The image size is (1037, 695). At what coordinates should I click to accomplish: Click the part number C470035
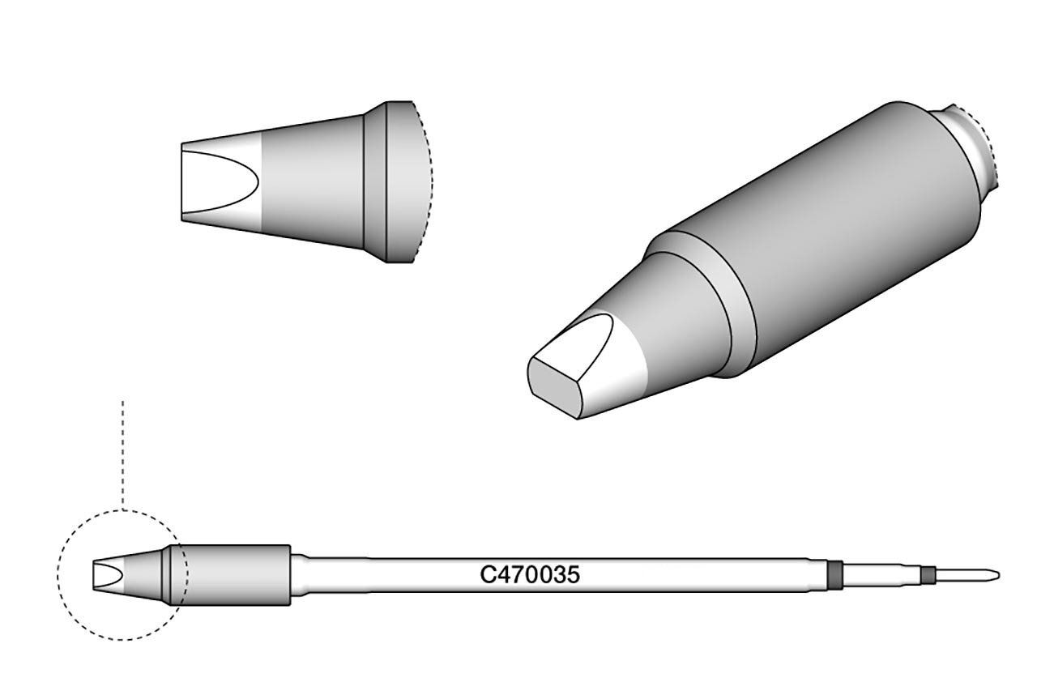530,575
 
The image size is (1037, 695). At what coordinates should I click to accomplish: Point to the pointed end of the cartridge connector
999,576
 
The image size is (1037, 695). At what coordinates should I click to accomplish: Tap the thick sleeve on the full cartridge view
231,575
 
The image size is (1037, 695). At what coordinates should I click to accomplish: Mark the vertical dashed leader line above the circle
122,456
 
